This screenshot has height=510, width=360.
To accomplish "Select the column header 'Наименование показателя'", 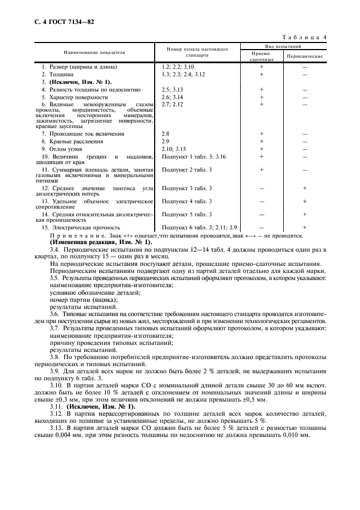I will (94, 53).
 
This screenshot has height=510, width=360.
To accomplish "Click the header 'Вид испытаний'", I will (283, 47).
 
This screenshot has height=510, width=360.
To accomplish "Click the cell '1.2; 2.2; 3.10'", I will (178, 66).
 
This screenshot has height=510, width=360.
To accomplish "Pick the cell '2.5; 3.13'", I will (172, 89).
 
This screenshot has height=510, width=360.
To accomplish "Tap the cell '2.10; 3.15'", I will (174, 148).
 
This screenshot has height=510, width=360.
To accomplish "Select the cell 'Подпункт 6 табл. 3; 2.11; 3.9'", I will (196, 227).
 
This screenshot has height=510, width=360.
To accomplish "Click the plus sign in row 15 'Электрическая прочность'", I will (304, 227).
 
